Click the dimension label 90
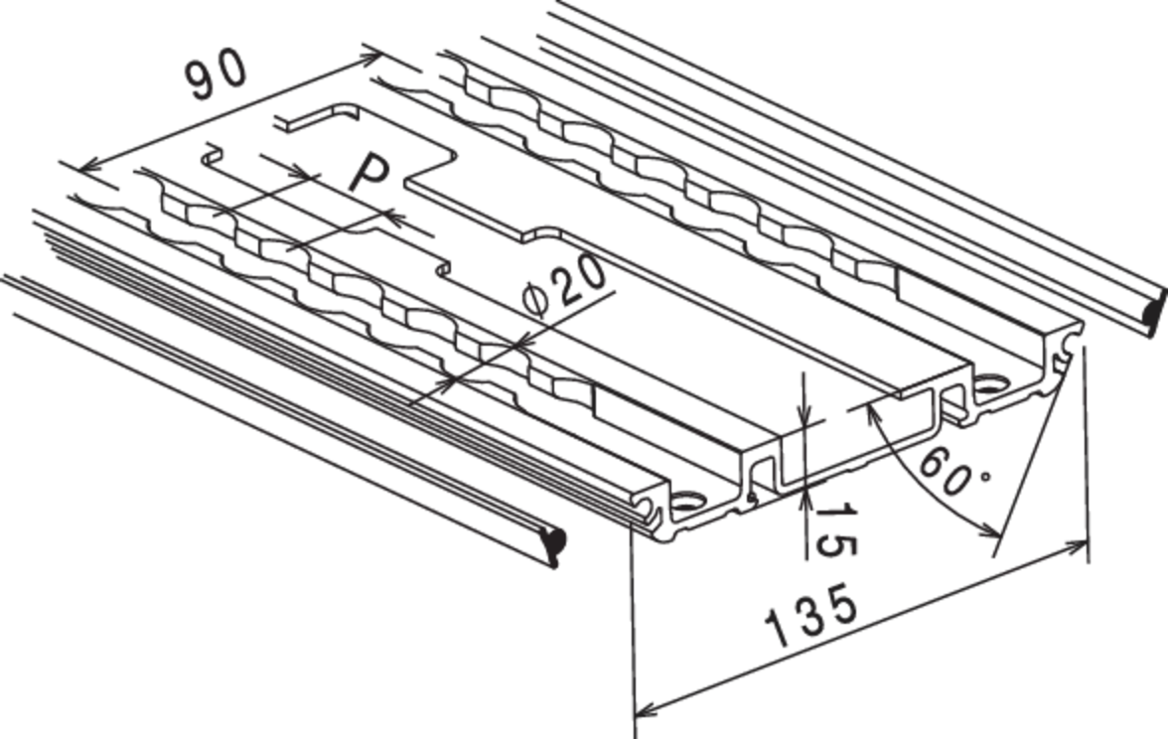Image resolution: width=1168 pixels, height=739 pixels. click(x=216, y=74)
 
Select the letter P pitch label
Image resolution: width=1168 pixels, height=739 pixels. click(x=368, y=173)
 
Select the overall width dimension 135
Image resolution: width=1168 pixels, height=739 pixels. click(x=811, y=618)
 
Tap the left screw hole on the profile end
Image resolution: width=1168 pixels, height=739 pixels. click(x=686, y=500)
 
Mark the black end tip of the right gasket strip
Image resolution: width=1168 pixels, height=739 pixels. click(x=1155, y=312)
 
